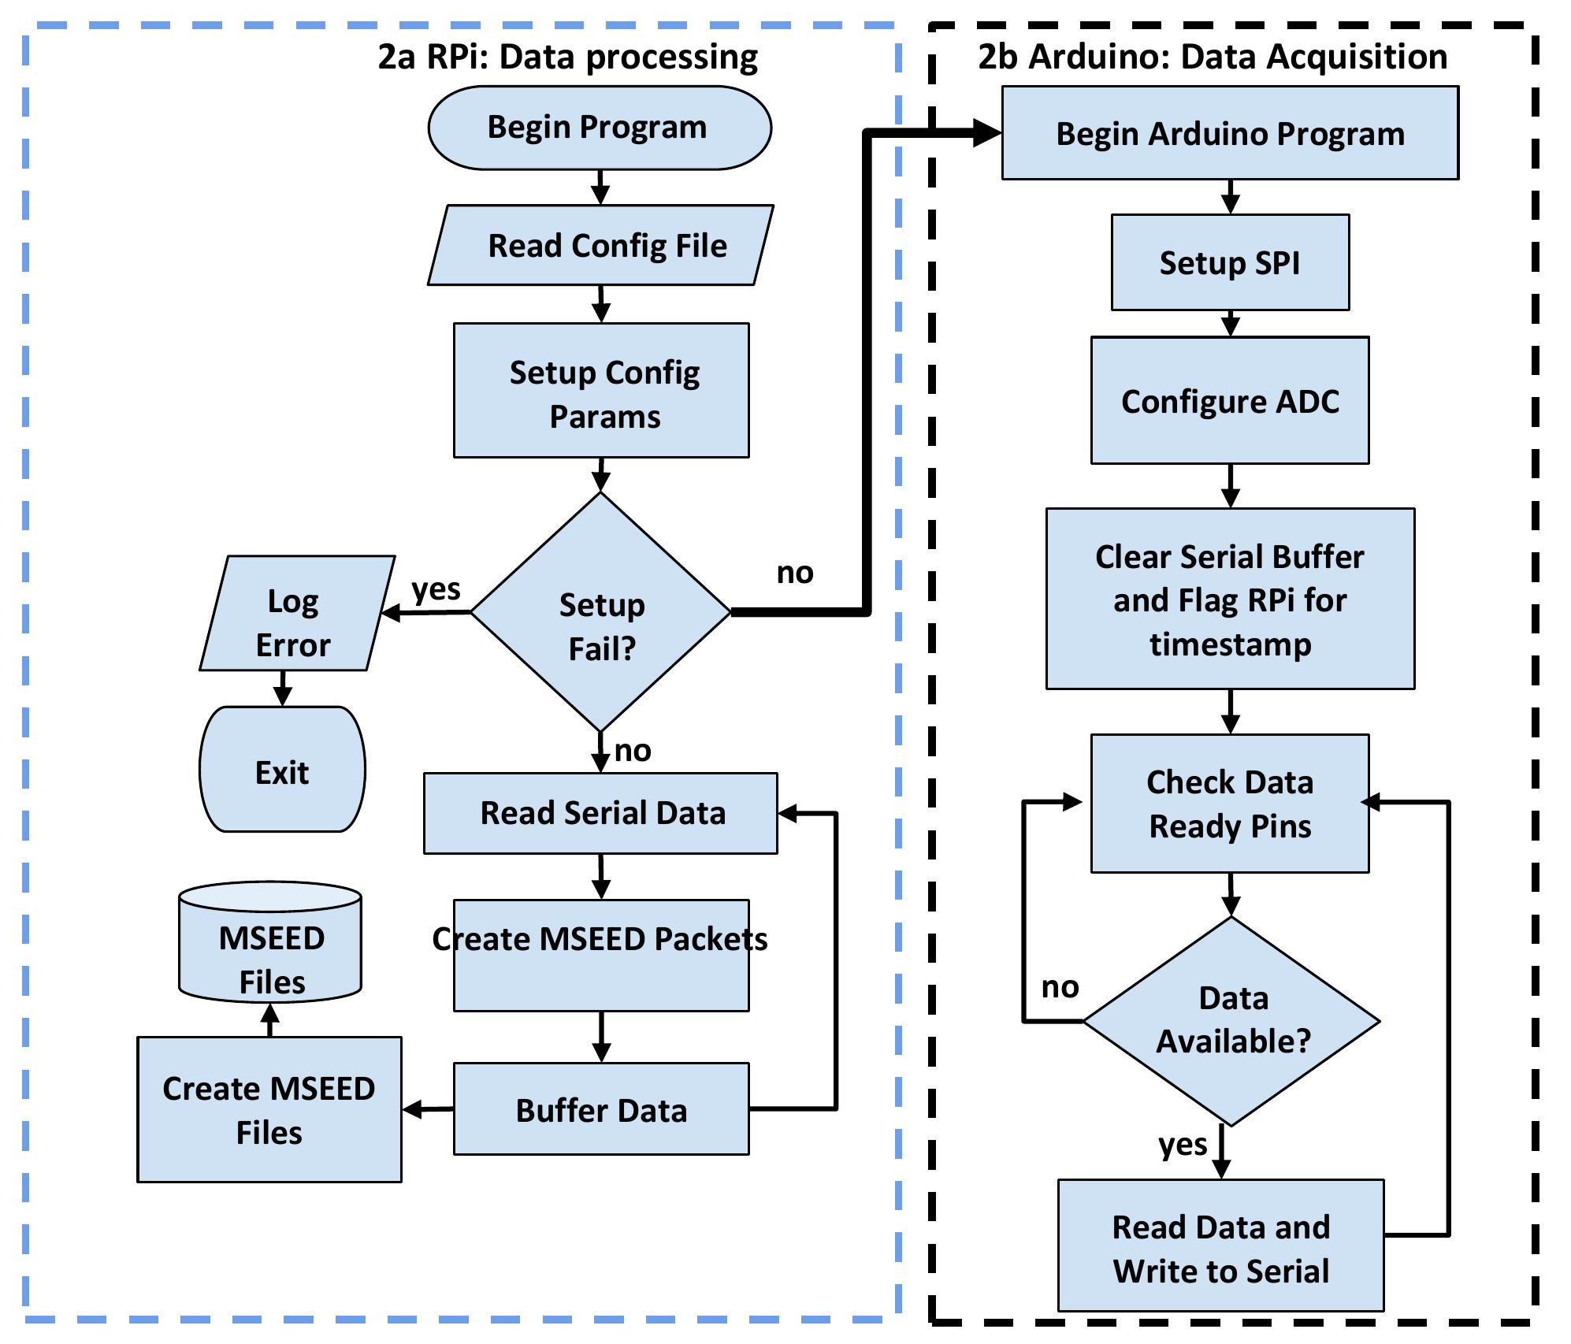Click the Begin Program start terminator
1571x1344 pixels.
coord(600,128)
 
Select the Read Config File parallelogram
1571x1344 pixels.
coord(601,245)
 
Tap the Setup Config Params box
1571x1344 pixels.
coord(601,391)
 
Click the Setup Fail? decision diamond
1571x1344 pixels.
coord(601,612)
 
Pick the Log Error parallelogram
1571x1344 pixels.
coord(296,614)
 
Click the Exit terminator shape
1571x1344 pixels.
coord(282,770)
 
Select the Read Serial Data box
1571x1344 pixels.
coord(601,813)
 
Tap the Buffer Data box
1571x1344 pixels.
coord(601,1109)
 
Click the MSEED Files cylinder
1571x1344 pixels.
coord(270,945)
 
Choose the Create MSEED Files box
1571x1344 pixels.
coord(269,1109)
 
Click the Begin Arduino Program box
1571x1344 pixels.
coord(1230,133)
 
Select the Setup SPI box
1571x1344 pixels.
coord(1230,262)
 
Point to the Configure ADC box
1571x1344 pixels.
coord(1230,400)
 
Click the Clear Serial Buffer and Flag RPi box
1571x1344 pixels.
coord(1230,599)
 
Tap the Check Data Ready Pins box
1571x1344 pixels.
coord(1230,804)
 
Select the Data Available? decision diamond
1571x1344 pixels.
coord(1231,1021)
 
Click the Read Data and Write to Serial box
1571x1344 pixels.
coord(1220,1249)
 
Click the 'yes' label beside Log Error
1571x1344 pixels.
coord(436,588)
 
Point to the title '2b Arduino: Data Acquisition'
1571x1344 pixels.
coord(1213,57)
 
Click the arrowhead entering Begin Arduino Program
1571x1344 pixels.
coord(986,133)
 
